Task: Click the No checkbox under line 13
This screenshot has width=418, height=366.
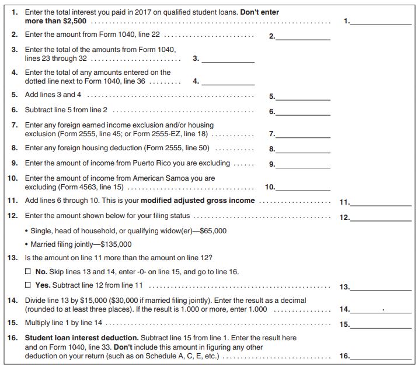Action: [27, 272]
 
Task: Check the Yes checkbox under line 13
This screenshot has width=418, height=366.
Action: [27, 285]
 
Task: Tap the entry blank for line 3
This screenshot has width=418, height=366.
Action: [228, 58]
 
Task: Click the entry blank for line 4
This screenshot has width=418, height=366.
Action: [228, 81]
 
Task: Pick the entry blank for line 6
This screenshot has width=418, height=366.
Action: [303, 111]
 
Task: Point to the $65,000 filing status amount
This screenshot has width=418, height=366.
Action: [213, 231]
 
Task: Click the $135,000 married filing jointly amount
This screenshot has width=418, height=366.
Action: [116, 244]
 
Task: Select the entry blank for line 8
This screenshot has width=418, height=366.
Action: [303, 149]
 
